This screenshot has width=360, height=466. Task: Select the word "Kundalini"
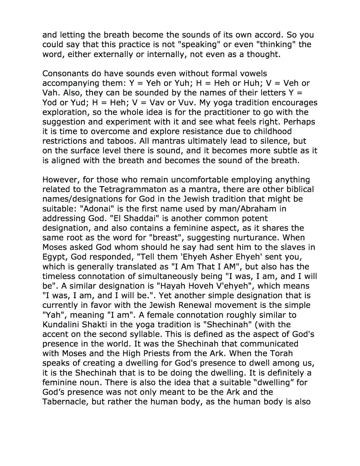(62, 324)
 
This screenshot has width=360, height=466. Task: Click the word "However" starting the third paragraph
(60, 180)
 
